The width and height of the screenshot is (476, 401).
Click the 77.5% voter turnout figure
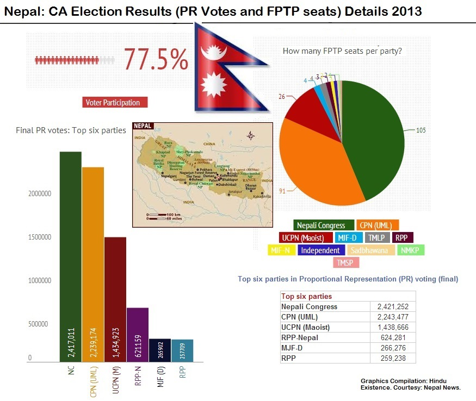156,59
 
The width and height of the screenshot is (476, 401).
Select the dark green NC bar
71,255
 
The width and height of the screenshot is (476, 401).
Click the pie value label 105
421,130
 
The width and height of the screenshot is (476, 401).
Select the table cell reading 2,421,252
392,306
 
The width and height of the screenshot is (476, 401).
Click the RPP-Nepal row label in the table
300,338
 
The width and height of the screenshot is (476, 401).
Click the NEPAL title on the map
143,126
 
